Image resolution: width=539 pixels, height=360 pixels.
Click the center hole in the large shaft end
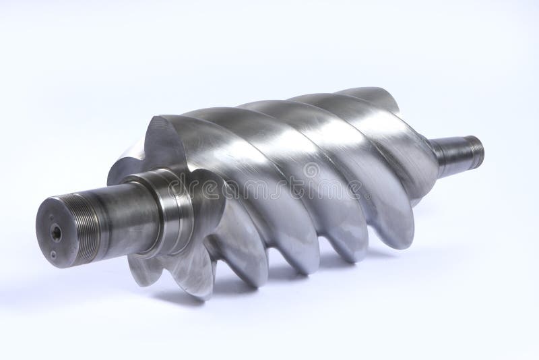click(x=57, y=233)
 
